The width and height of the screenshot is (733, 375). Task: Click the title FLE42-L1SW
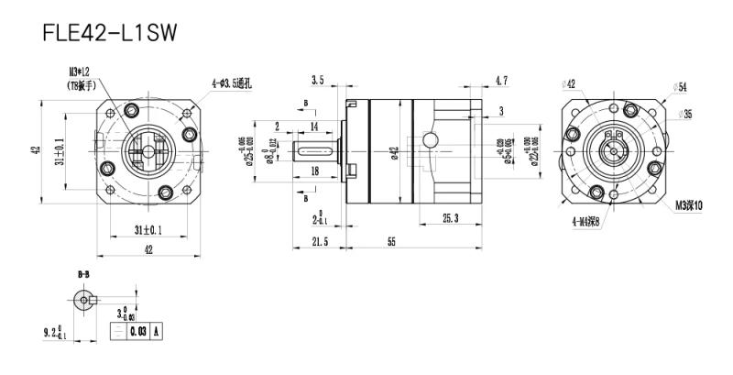pos(109,34)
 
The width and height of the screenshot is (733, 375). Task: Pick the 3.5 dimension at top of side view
pos(317,82)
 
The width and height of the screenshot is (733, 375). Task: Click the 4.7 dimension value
pos(501,82)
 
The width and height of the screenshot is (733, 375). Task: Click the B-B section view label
pos(83,273)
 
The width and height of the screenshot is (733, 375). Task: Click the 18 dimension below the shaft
pos(315,171)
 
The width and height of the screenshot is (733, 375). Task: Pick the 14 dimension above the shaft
pos(314,126)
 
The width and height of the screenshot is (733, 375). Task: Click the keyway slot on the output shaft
pos(316,149)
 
